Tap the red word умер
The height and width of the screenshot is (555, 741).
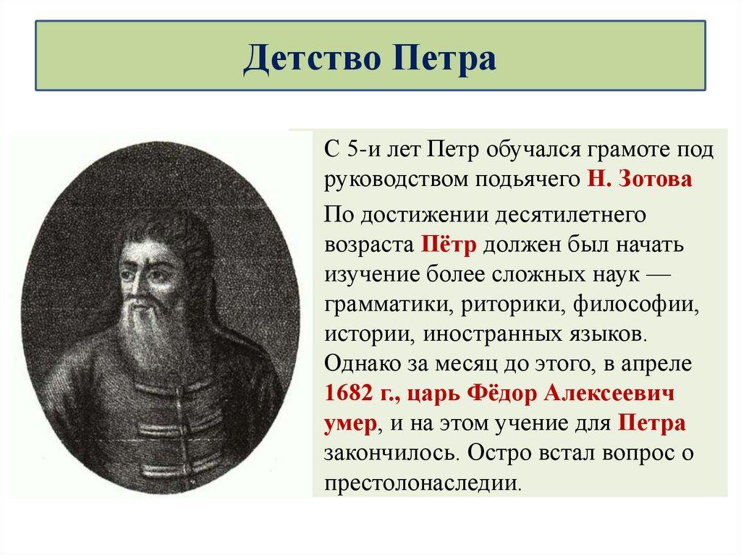[350, 423]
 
